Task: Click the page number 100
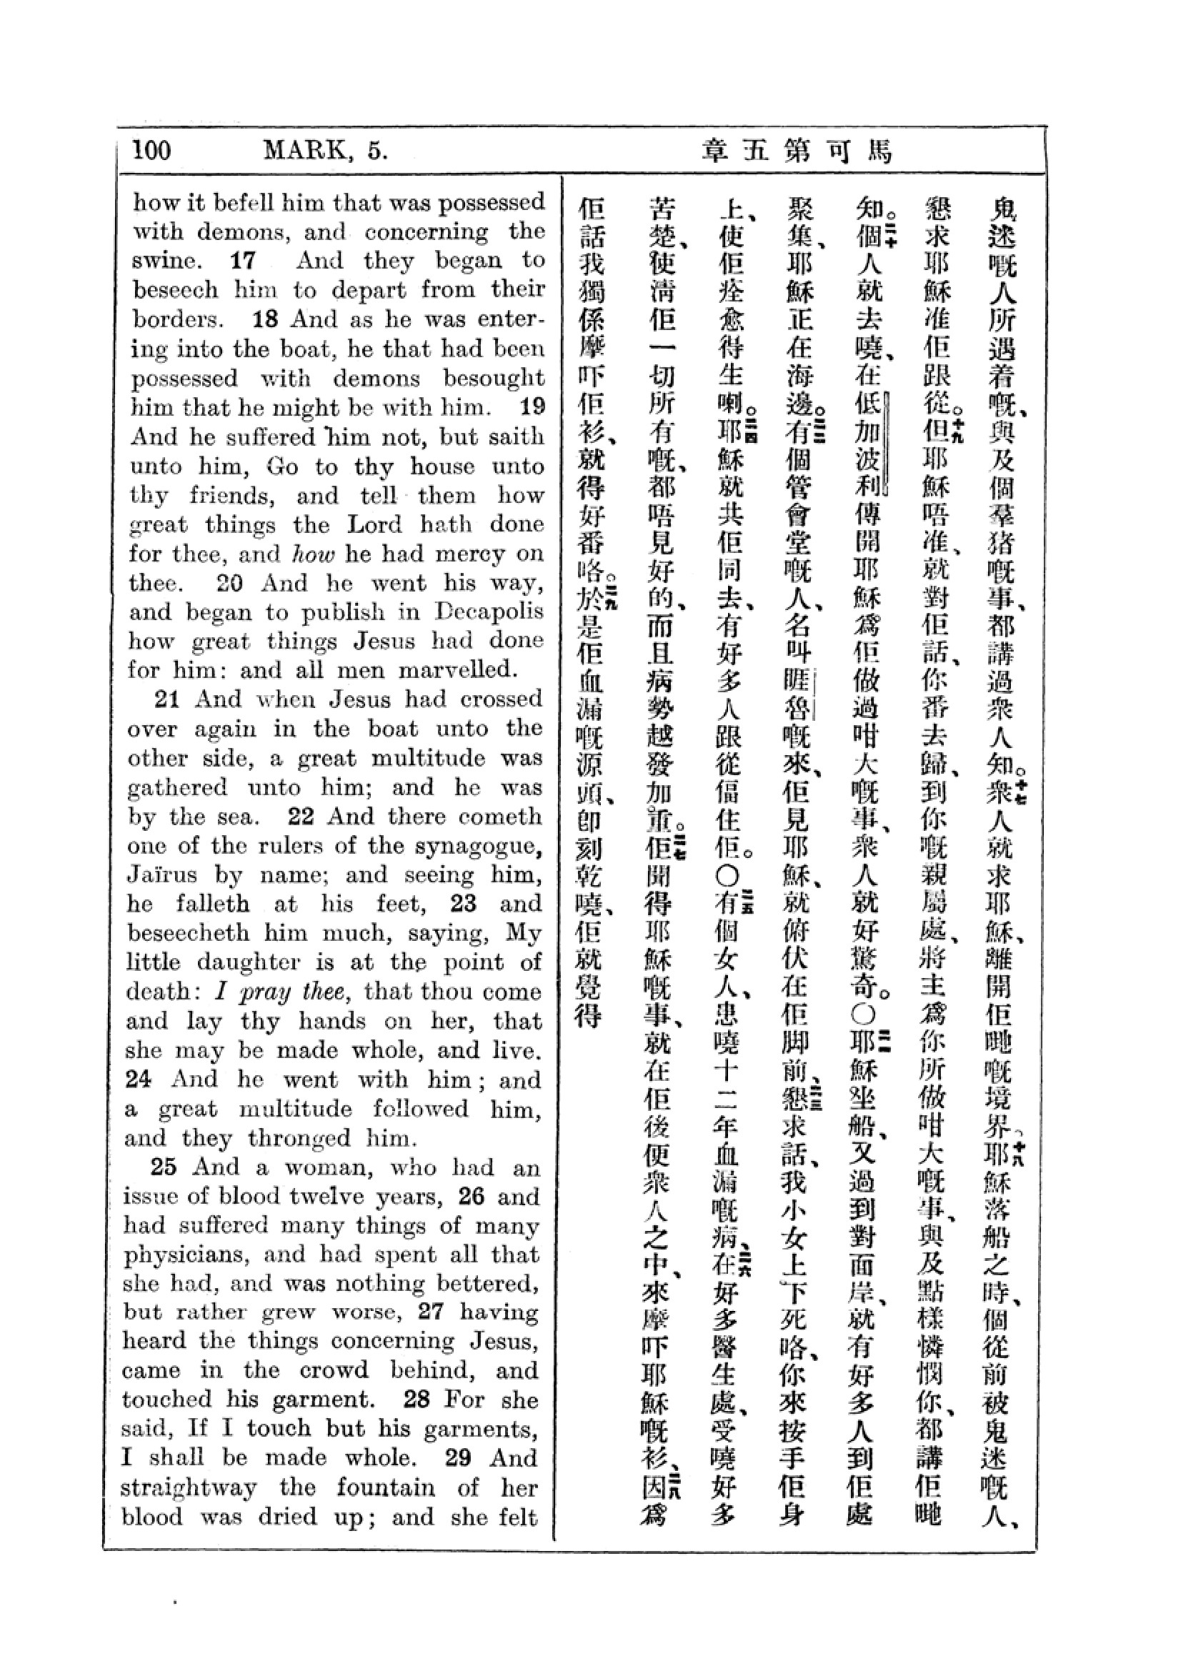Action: pos(152,150)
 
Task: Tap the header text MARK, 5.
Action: pos(324,150)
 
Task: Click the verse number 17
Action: pos(242,261)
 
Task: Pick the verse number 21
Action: pos(167,699)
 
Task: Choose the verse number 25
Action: pos(164,1167)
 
